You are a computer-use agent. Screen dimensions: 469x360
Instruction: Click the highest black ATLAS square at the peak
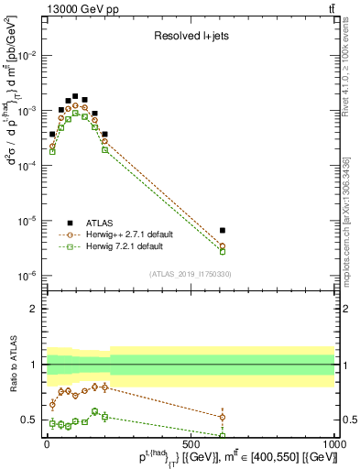75,95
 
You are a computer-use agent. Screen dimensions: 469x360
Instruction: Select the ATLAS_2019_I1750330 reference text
189,274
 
